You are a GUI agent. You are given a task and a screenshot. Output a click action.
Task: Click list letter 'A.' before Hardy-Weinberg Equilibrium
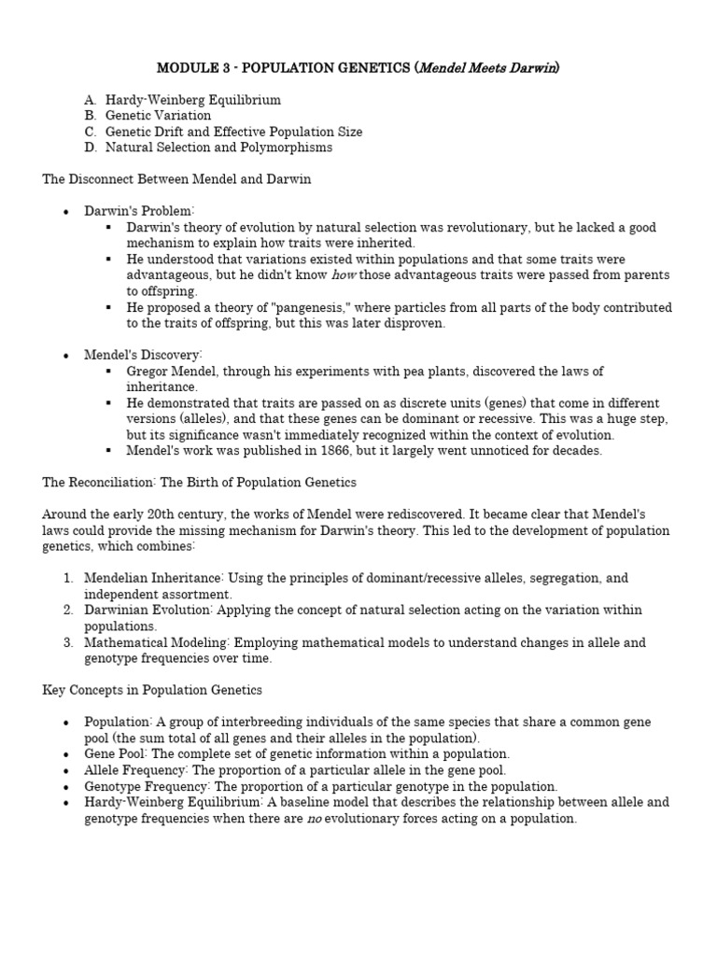click(90, 100)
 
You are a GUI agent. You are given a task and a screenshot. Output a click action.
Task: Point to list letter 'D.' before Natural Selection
click(90, 148)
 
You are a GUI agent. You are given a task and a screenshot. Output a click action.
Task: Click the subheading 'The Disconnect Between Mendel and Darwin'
click(177, 179)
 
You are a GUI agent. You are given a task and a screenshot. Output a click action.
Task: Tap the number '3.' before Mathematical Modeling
click(69, 642)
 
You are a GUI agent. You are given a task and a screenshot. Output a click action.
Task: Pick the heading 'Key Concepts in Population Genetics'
click(152, 690)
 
